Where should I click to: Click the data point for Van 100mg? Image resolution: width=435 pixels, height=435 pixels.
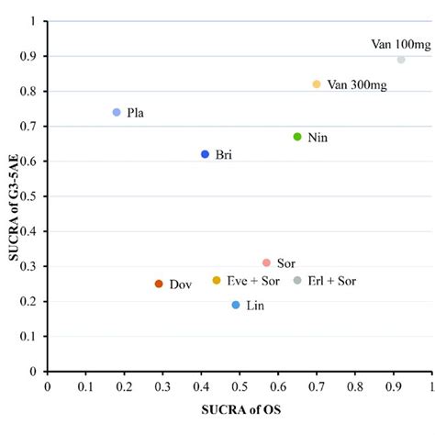point(401,60)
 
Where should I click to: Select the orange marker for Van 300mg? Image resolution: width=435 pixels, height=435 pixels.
point(317,84)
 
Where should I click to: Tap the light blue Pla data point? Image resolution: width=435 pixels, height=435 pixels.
point(117,112)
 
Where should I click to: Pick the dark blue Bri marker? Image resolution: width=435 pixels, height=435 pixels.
point(205,154)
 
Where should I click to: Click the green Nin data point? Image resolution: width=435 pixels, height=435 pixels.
point(297,137)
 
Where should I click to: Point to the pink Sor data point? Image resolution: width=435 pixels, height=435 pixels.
point(266,263)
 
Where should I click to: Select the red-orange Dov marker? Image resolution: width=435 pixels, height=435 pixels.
point(159,284)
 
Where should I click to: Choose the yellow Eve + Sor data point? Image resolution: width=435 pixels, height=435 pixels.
point(217,281)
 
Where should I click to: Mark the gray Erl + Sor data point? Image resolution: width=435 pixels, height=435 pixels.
point(297,281)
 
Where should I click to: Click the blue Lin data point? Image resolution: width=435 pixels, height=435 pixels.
point(236,305)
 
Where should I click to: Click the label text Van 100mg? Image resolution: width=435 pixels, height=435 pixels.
point(399,43)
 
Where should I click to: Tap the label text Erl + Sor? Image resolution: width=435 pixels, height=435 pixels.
point(332,281)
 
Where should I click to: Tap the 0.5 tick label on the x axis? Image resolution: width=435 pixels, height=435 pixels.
point(240,387)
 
